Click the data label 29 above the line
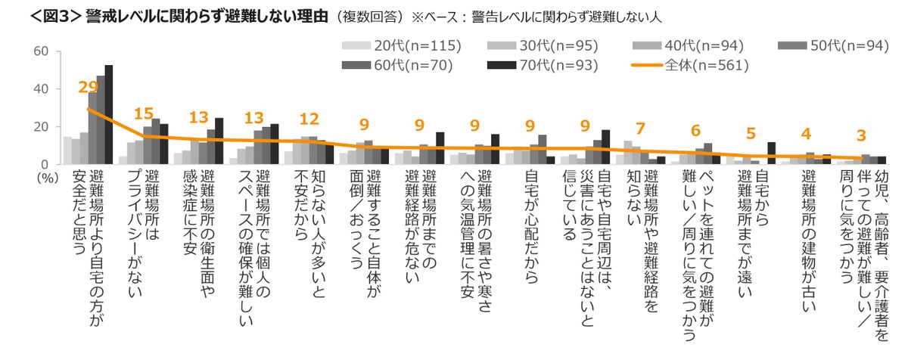click(x=88, y=88)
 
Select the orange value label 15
click(x=143, y=114)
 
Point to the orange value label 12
click(x=309, y=119)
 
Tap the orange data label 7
click(x=640, y=129)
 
